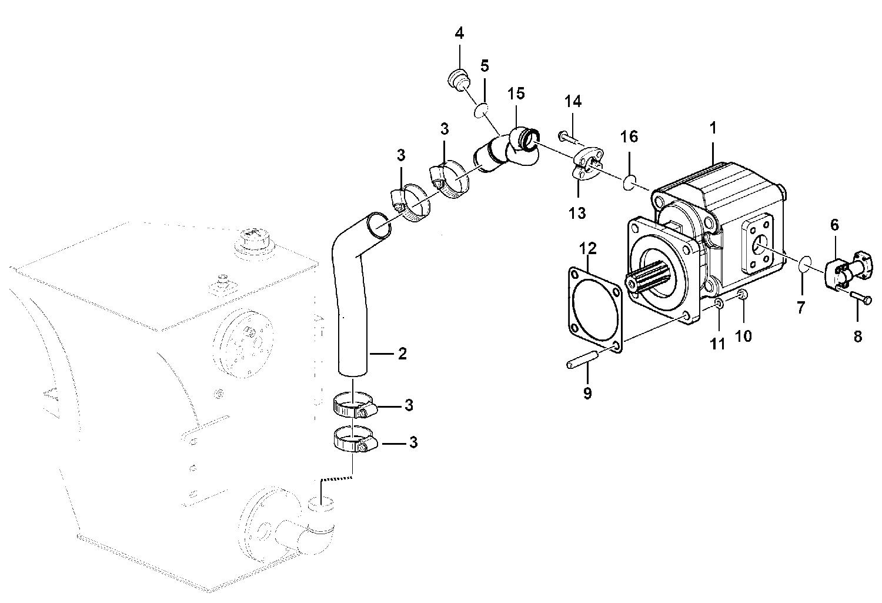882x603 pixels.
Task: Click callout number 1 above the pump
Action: pyautogui.click(x=713, y=128)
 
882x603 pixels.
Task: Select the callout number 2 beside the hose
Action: pyautogui.click(x=402, y=354)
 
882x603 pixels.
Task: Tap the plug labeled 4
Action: pyautogui.click(x=459, y=81)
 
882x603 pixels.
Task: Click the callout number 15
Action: pyautogui.click(x=516, y=94)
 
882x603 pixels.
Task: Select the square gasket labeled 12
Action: pyautogui.click(x=595, y=309)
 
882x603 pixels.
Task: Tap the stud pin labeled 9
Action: pyautogui.click(x=584, y=361)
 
